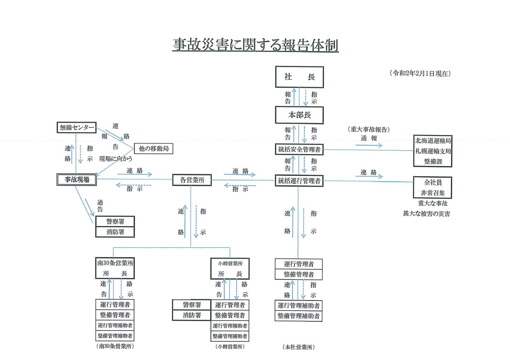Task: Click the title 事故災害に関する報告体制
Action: click(x=255, y=45)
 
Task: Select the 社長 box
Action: click(x=300, y=77)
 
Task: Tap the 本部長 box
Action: click(x=300, y=115)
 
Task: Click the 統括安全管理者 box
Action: click(x=299, y=150)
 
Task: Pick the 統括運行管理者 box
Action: click(x=299, y=180)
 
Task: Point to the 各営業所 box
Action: click(x=192, y=180)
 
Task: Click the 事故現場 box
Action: click(x=76, y=180)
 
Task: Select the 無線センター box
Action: click(x=76, y=128)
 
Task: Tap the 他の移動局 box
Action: click(x=153, y=148)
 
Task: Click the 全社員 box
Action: click(x=432, y=182)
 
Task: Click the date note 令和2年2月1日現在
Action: click(x=420, y=73)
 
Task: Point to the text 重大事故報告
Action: click(x=368, y=129)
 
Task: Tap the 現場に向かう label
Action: click(x=115, y=159)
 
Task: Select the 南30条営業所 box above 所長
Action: click(x=115, y=263)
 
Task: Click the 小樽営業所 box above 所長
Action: click(x=230, y=263)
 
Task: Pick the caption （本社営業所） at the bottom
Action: click(x=299, y=347)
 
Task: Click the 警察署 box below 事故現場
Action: click(x=115, y=221)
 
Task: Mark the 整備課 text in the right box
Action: click(x=432, y=161)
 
